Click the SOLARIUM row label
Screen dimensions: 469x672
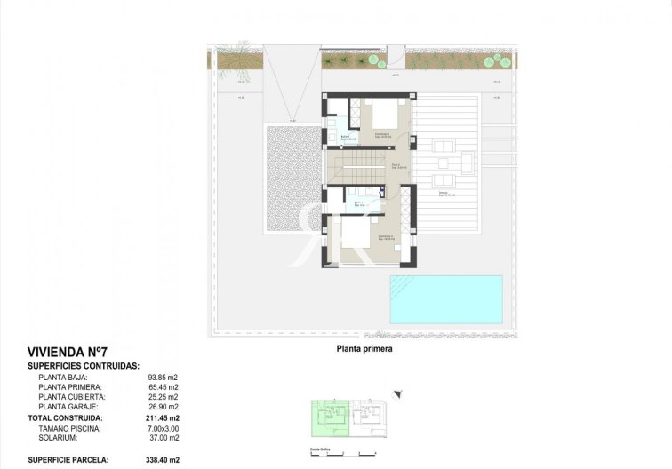coord(60,438)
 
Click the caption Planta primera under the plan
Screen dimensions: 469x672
coord(364,350)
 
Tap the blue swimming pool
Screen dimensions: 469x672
coord(445,298)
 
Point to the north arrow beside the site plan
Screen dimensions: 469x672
coord(397,392)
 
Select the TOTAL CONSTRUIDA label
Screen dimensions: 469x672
coord(65,417)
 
